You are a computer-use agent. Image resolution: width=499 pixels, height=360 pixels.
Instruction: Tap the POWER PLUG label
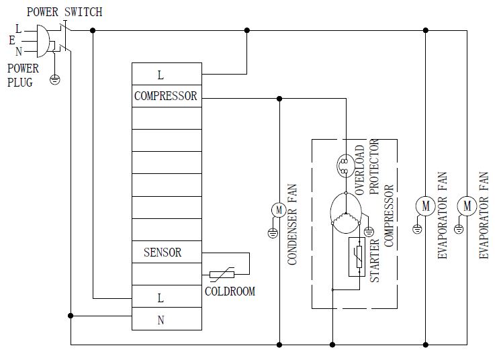(23, 75)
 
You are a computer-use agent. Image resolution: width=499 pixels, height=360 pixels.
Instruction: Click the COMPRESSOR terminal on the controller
(166, 96)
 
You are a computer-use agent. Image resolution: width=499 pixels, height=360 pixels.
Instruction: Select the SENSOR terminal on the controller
(163, 253)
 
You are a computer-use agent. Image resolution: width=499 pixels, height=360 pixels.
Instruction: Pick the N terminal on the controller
(161, 320)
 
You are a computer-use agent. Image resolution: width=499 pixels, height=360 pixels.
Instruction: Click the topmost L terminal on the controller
(161, 75)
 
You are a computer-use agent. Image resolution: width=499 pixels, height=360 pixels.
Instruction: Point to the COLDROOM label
(230, 292)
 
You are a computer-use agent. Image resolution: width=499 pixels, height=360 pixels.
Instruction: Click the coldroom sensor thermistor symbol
(222, 274)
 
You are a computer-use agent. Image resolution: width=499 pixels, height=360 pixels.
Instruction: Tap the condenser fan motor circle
(279, 210)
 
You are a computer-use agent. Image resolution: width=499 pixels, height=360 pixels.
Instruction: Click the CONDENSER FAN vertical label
(293, 224)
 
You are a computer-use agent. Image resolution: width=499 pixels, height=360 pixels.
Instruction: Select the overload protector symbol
(343, 165)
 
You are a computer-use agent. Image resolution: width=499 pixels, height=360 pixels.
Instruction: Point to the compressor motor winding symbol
(347, 216)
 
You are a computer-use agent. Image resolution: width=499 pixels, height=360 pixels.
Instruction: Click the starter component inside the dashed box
(357, 261)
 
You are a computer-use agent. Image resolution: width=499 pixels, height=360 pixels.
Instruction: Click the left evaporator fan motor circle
(424, 206)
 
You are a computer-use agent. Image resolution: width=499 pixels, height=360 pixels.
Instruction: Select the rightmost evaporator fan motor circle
(467, 206)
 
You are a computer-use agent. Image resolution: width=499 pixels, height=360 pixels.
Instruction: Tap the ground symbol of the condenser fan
(273, 233)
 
